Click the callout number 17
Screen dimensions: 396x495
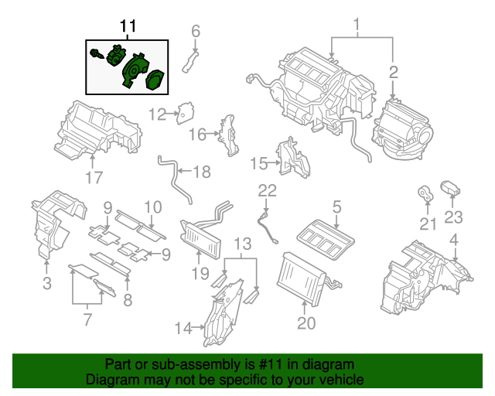point(94,177)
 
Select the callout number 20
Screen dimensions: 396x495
point(306,323)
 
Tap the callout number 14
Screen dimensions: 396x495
point(182,328)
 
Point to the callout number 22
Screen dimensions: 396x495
point(267,190)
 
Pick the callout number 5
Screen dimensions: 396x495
point(336,207)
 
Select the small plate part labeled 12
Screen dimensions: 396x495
point(186,113)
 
